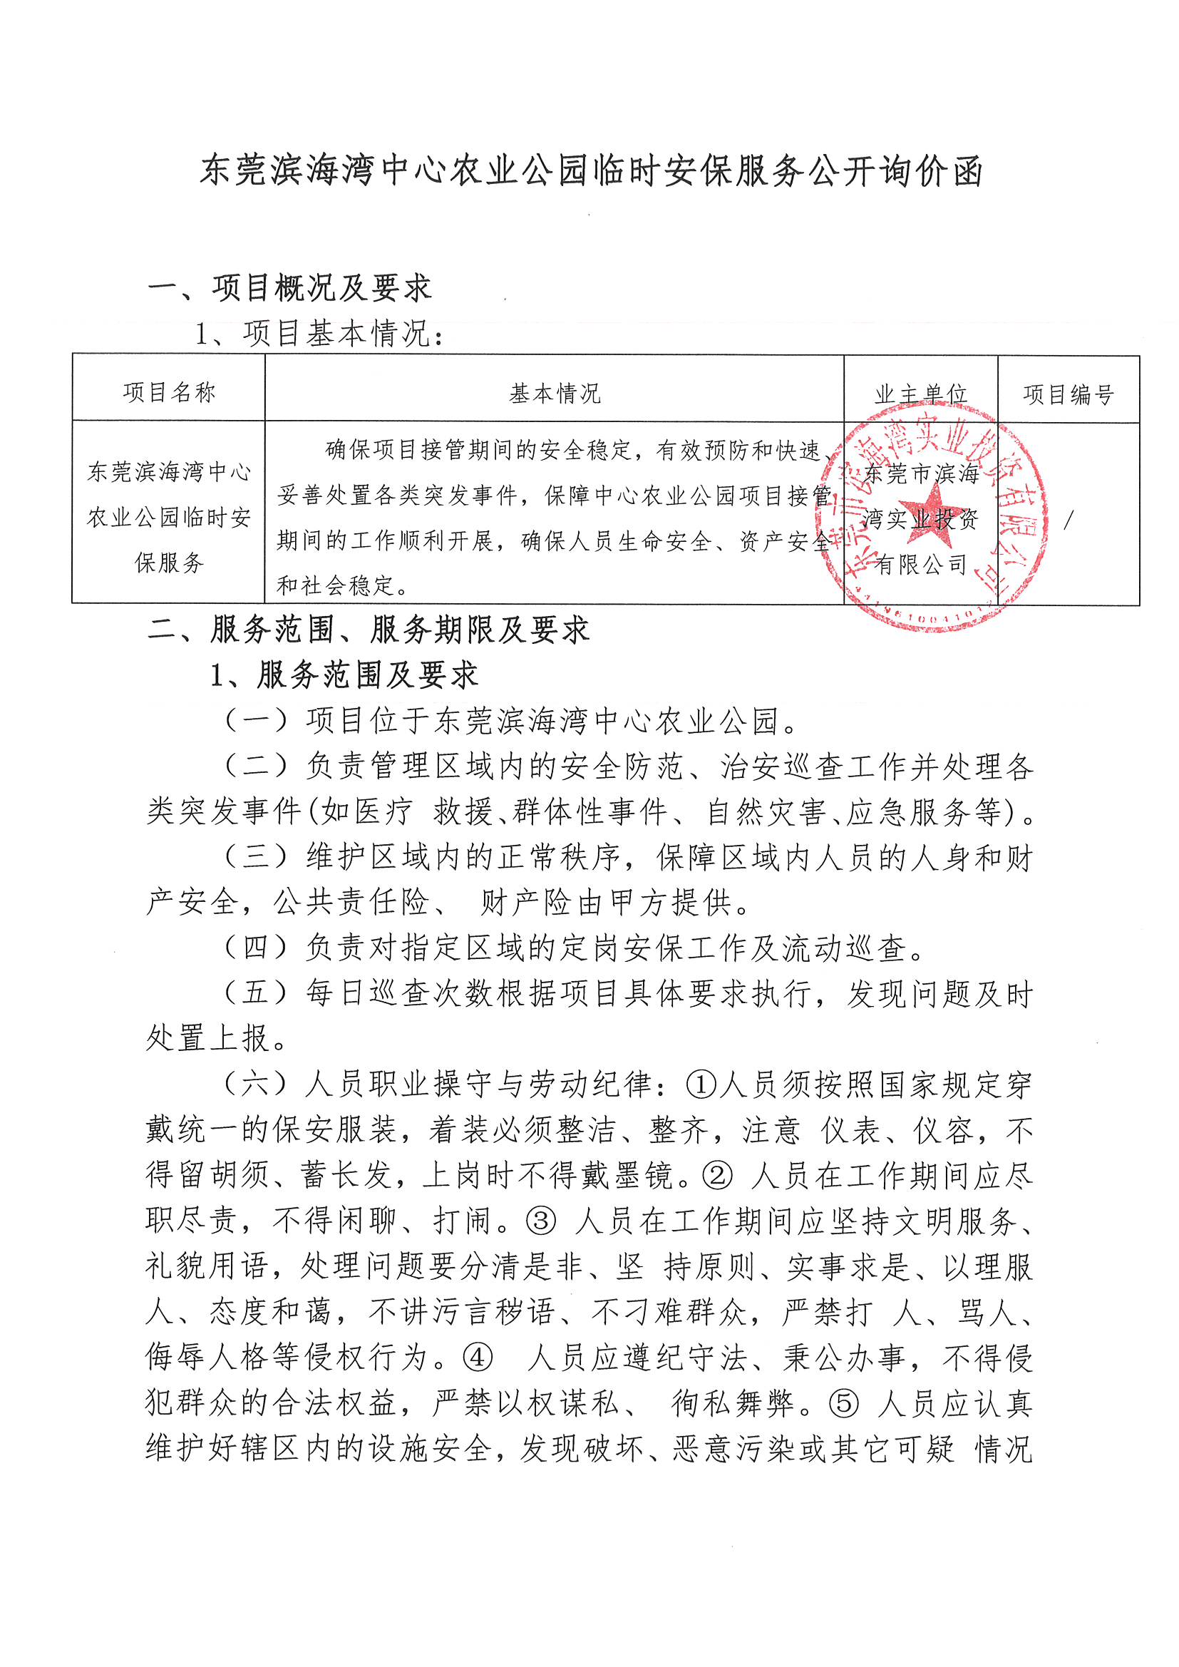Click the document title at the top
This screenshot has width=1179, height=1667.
[x=591, y=171]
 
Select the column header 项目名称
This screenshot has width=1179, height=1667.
[x=169, y=392]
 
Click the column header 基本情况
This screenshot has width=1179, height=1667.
[x=555, y=394]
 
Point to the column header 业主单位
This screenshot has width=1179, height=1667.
[x=920, y=394]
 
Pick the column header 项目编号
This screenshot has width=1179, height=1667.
[x=1068, y=394]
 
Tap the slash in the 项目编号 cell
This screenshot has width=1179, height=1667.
[x=1067, y=520]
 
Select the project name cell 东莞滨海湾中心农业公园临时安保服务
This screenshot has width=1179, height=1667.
[x=169, y=517]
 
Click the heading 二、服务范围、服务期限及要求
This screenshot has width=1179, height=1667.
[x=368, y=630]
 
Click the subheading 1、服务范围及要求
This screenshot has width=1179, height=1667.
[x=344, y=675]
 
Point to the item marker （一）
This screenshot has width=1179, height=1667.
[x=257, y=720]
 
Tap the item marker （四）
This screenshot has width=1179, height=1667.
[x=257, y=948]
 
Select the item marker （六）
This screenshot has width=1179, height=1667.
[x=257, y=1084]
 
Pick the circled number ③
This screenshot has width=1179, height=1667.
[x=541, y=1221]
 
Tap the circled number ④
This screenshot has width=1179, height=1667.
[x=478, y=1358]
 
